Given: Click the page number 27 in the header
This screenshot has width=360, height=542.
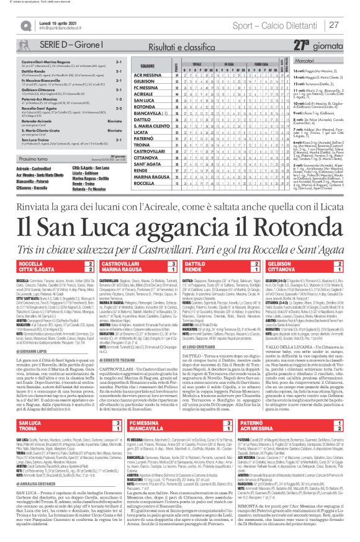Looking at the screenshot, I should [x=333, y=25].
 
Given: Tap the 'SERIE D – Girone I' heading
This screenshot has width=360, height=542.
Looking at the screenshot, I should [x=62, y=45].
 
